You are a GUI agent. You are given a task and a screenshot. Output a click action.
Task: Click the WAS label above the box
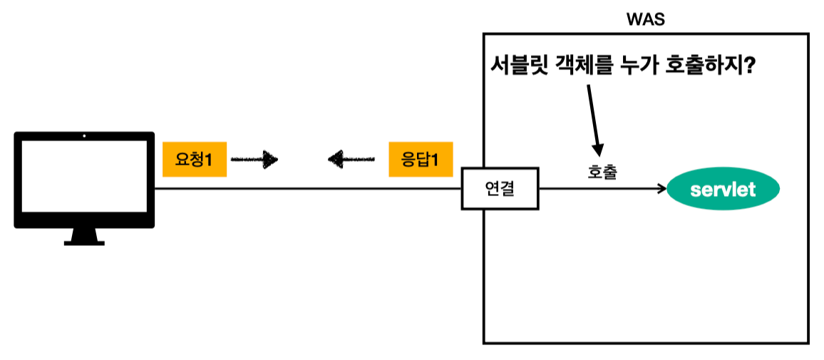[645, 20]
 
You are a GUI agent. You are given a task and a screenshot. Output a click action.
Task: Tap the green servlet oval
[723, 190]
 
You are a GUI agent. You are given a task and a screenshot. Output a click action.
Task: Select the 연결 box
[500, 189]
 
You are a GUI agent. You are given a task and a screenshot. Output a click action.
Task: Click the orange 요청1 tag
[195, 159]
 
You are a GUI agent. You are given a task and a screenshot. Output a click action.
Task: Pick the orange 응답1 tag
[421, 159]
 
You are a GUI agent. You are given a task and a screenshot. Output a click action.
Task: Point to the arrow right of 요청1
[254, 159]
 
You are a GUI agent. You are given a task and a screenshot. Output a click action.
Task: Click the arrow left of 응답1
[351, 159]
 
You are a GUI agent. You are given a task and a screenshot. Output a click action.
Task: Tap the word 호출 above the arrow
[602, 172]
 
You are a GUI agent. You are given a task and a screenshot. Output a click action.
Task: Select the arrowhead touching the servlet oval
[661, 189]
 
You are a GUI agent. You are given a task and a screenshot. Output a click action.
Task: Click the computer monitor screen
[84, 178]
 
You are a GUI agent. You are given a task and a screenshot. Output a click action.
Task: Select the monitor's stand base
[84, 242]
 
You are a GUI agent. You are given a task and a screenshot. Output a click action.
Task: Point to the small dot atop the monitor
[84, 135]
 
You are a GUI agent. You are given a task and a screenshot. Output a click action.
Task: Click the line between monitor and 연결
[307, 189]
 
